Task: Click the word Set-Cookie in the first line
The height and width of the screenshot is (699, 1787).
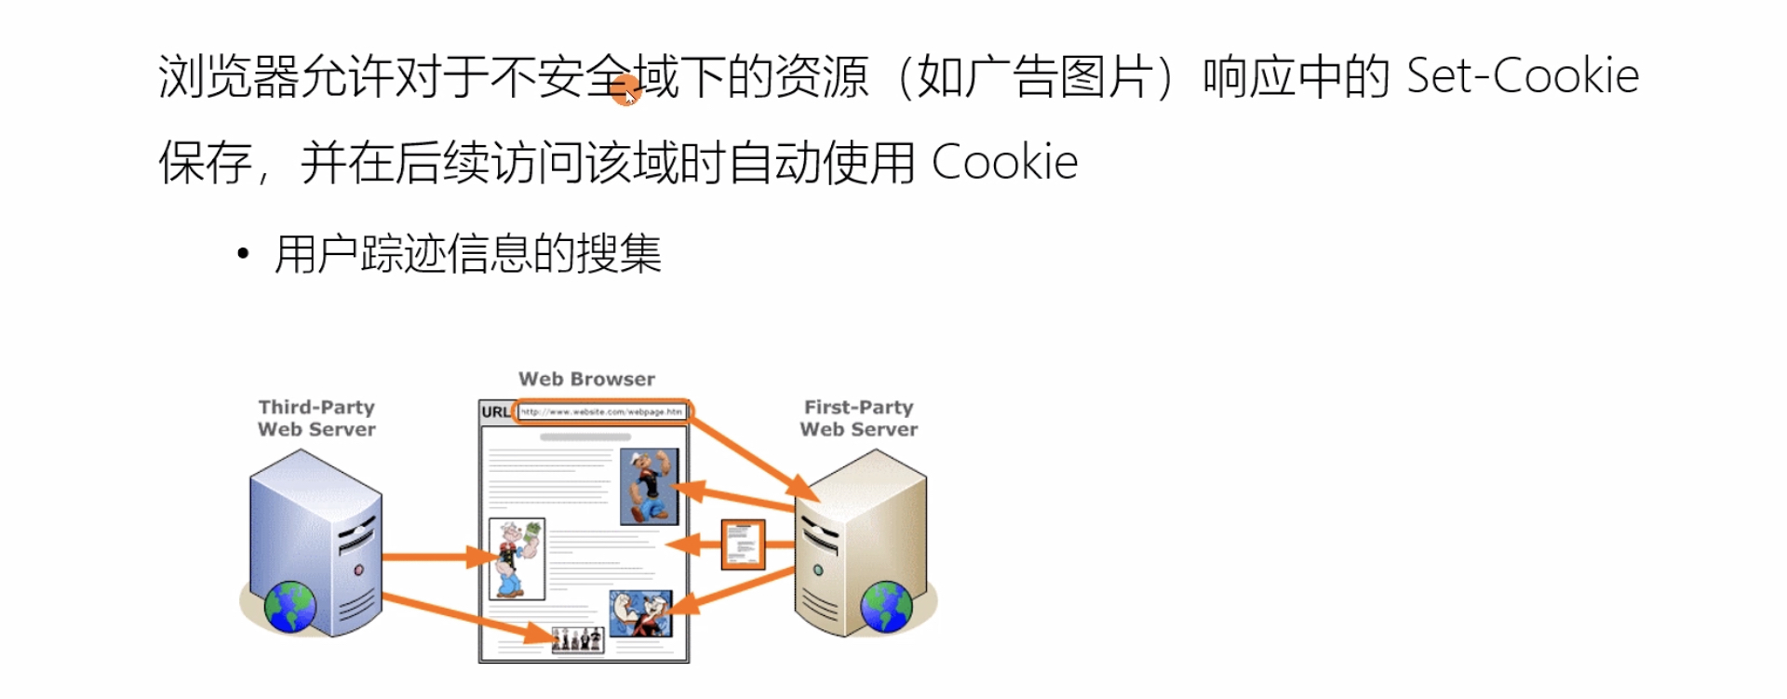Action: [1522, 75]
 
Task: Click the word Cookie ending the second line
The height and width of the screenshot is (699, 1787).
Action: [1004, 163]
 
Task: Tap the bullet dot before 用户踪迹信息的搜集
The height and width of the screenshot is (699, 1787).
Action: [243, 253]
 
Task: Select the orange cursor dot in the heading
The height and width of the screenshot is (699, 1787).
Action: [627, 92]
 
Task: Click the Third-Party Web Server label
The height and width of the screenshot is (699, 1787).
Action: [316, 418]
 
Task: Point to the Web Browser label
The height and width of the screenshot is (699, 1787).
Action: [586, 379]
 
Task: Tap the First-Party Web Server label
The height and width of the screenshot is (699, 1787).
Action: [858, 418]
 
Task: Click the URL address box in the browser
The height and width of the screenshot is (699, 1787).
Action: [601, 411]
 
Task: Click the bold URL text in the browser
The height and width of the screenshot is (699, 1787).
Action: [495, 412]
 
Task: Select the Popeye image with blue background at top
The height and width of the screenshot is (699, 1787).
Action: [649, 486]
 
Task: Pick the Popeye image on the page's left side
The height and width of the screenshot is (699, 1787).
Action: [517, 558]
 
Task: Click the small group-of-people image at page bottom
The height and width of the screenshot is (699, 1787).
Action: [577, 639]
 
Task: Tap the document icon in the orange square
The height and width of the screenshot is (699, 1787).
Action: [743, 544]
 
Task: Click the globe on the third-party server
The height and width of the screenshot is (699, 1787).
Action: [290, 606]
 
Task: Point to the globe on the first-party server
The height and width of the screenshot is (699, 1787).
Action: [886, 606]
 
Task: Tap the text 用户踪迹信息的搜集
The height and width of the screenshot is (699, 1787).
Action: [468, 254]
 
